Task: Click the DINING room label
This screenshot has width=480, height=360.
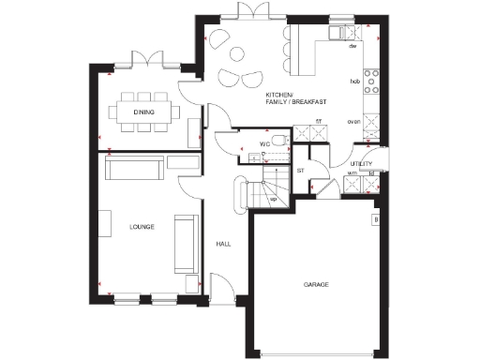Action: (x=144, y=113)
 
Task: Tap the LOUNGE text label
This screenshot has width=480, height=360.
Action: (x=143, y=227)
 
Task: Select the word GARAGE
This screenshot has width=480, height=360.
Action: (x=316, y=283)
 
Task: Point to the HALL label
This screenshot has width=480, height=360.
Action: (x=224, y=244)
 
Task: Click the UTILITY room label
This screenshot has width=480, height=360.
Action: (x=362, y=163)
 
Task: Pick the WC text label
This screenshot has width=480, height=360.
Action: (x=266, y=144)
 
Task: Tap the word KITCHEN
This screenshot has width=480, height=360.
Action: (x=279, y=96)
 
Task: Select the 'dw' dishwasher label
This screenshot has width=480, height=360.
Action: (x=353, y=46)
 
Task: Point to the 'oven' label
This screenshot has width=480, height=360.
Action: (x=354, y=122)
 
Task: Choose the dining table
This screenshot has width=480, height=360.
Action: (x=143, y=113)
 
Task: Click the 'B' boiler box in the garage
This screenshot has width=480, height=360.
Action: (x=376, y=221)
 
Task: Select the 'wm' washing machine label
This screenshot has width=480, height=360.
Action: (x=352, y=173)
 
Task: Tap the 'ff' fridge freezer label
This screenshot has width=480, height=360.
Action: (x=319, y=122)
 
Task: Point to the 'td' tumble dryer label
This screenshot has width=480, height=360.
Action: (x=372, y=173)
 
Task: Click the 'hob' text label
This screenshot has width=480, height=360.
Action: (x=355, y=82)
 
